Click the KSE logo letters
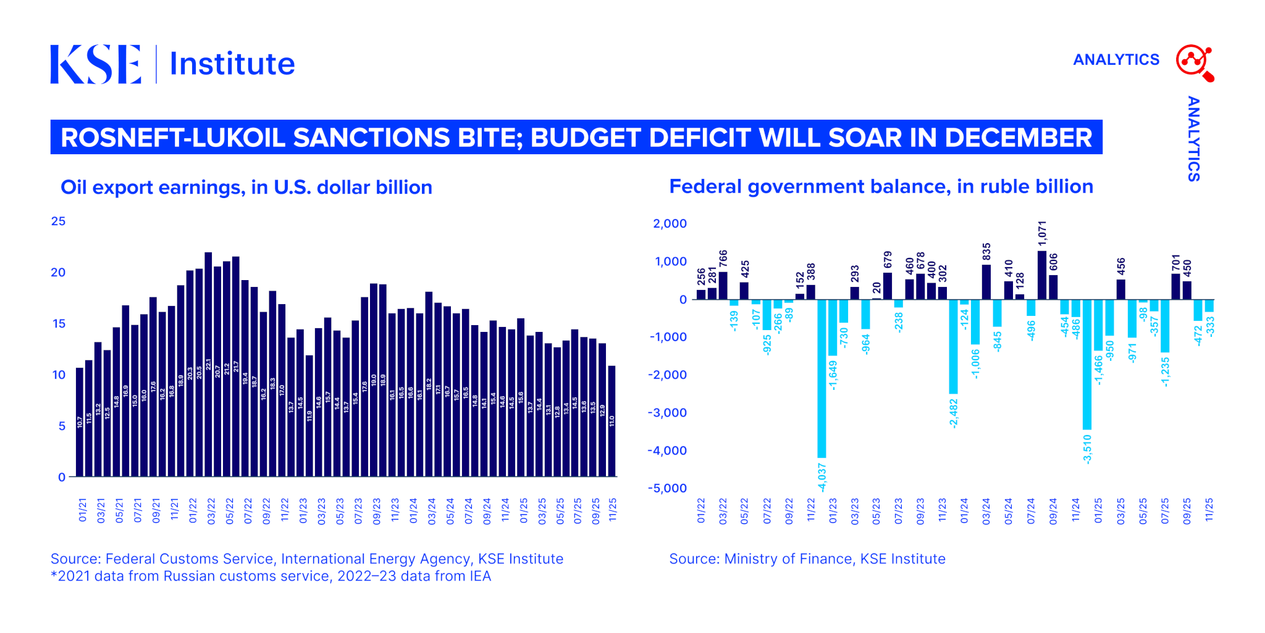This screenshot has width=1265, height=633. coord(96,64)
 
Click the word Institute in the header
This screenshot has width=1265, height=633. coord(232,64)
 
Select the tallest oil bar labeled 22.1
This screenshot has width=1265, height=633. coord(208,364)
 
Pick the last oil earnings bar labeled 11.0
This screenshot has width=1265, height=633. coord(611,421)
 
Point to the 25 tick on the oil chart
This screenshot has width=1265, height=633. coord(58,221)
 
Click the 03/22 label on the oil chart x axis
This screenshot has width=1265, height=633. coord(211,511)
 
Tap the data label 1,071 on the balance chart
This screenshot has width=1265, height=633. coord(1043,234)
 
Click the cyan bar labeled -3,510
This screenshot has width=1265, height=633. coord(1087,364)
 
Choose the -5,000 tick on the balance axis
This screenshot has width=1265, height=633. coord(667,488)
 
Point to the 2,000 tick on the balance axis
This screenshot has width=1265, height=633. coord(670,223)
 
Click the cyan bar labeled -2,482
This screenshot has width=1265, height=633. coord(954,346)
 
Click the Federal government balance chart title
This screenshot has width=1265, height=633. coord(881,186)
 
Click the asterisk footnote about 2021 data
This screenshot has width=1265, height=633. coord(271,576)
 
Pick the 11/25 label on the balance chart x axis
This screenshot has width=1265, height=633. coord(1209,511)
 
